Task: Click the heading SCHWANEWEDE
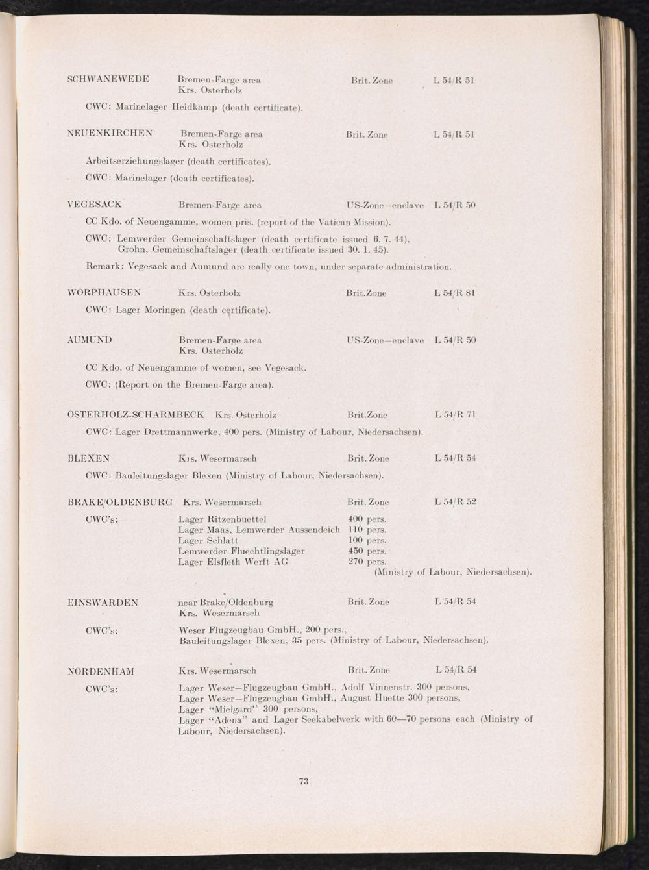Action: pos(108,80)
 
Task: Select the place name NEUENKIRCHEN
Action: pos(110,134)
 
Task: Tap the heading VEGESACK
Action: pos(95,205)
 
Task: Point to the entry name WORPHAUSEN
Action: pos(104,293)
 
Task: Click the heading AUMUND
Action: pos(90,340)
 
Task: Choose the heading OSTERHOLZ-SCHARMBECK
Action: pos(136,414)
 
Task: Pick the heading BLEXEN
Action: pos(88,458)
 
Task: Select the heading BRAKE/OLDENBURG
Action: pos(120,502)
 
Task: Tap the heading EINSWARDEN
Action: pos(103,603)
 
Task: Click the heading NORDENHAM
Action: pos(101,671)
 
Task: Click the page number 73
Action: pos(303,780)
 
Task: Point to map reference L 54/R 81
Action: pos(455,293)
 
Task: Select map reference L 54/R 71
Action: pos(455,414)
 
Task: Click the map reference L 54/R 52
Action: pos(455,502)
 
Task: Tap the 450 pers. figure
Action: pos(367,551)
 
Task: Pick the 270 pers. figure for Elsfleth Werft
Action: pos(367,562)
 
